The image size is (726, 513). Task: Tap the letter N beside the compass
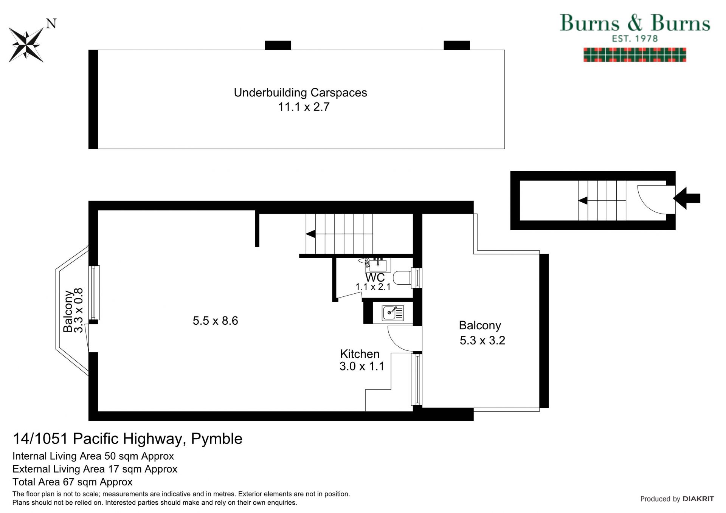51,24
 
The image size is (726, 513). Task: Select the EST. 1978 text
635,39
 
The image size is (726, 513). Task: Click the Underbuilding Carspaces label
300,93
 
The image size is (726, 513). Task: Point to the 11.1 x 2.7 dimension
304,107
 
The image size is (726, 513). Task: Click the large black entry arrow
687,198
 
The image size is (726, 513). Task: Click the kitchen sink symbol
392,313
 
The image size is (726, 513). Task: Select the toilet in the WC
402,278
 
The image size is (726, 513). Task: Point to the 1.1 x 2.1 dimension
373,287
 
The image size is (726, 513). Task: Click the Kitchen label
360,354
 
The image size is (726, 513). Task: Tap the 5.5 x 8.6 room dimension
215,321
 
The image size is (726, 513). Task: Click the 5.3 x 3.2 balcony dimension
482,341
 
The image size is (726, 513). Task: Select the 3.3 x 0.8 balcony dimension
78,310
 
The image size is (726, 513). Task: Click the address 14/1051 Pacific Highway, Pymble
127,439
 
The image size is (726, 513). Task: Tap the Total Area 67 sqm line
72,482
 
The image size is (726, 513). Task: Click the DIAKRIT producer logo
698,499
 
